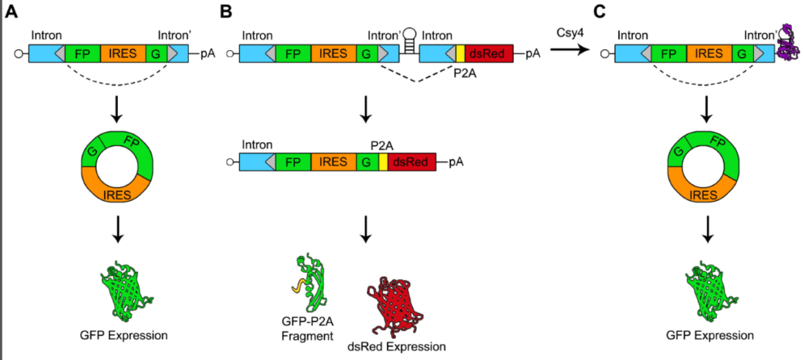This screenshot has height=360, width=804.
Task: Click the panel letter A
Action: (x=11, y=12)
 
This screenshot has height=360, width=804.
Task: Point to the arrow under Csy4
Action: (x=568, y=53)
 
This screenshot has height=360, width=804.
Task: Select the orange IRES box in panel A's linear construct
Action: (x=123, y=54)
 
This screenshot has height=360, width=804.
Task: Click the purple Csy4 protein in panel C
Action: (x=788, y=42)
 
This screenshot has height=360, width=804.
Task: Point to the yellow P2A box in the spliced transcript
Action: (x=383, y=162)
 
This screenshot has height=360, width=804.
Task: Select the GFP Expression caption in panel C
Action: (x=710, y=335)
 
